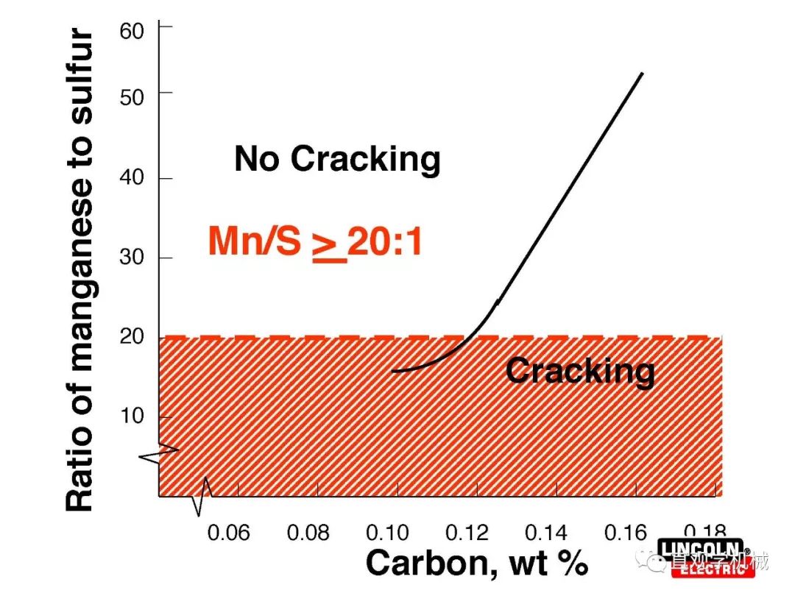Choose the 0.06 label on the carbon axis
[x=229, y=533]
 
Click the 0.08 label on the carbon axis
[x=308, y=533]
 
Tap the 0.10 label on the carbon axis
[x=388, y=533]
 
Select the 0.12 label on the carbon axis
[x=467, y=533]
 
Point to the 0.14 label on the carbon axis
[x=547, y=533]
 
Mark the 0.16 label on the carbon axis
[x=626, y=533]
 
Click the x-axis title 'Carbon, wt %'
[x=476, y=564]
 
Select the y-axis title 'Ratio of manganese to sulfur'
[x=80, y=271]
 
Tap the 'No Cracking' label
[x=337, y=159]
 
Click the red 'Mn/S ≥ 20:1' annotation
[x=315, y=241]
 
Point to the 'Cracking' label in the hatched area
[x=579, y=370]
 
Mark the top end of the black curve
[x=642, y=74]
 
